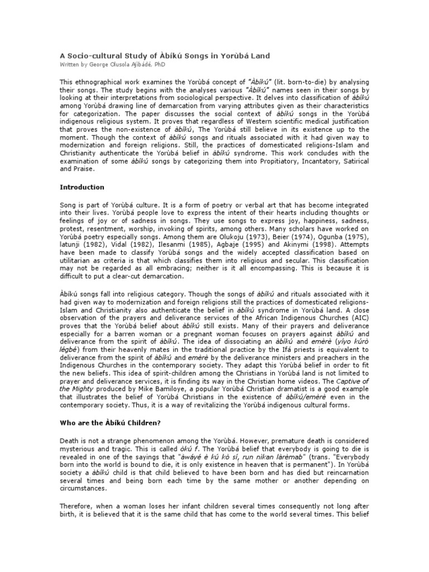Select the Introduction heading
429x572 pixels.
pos(83,187)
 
